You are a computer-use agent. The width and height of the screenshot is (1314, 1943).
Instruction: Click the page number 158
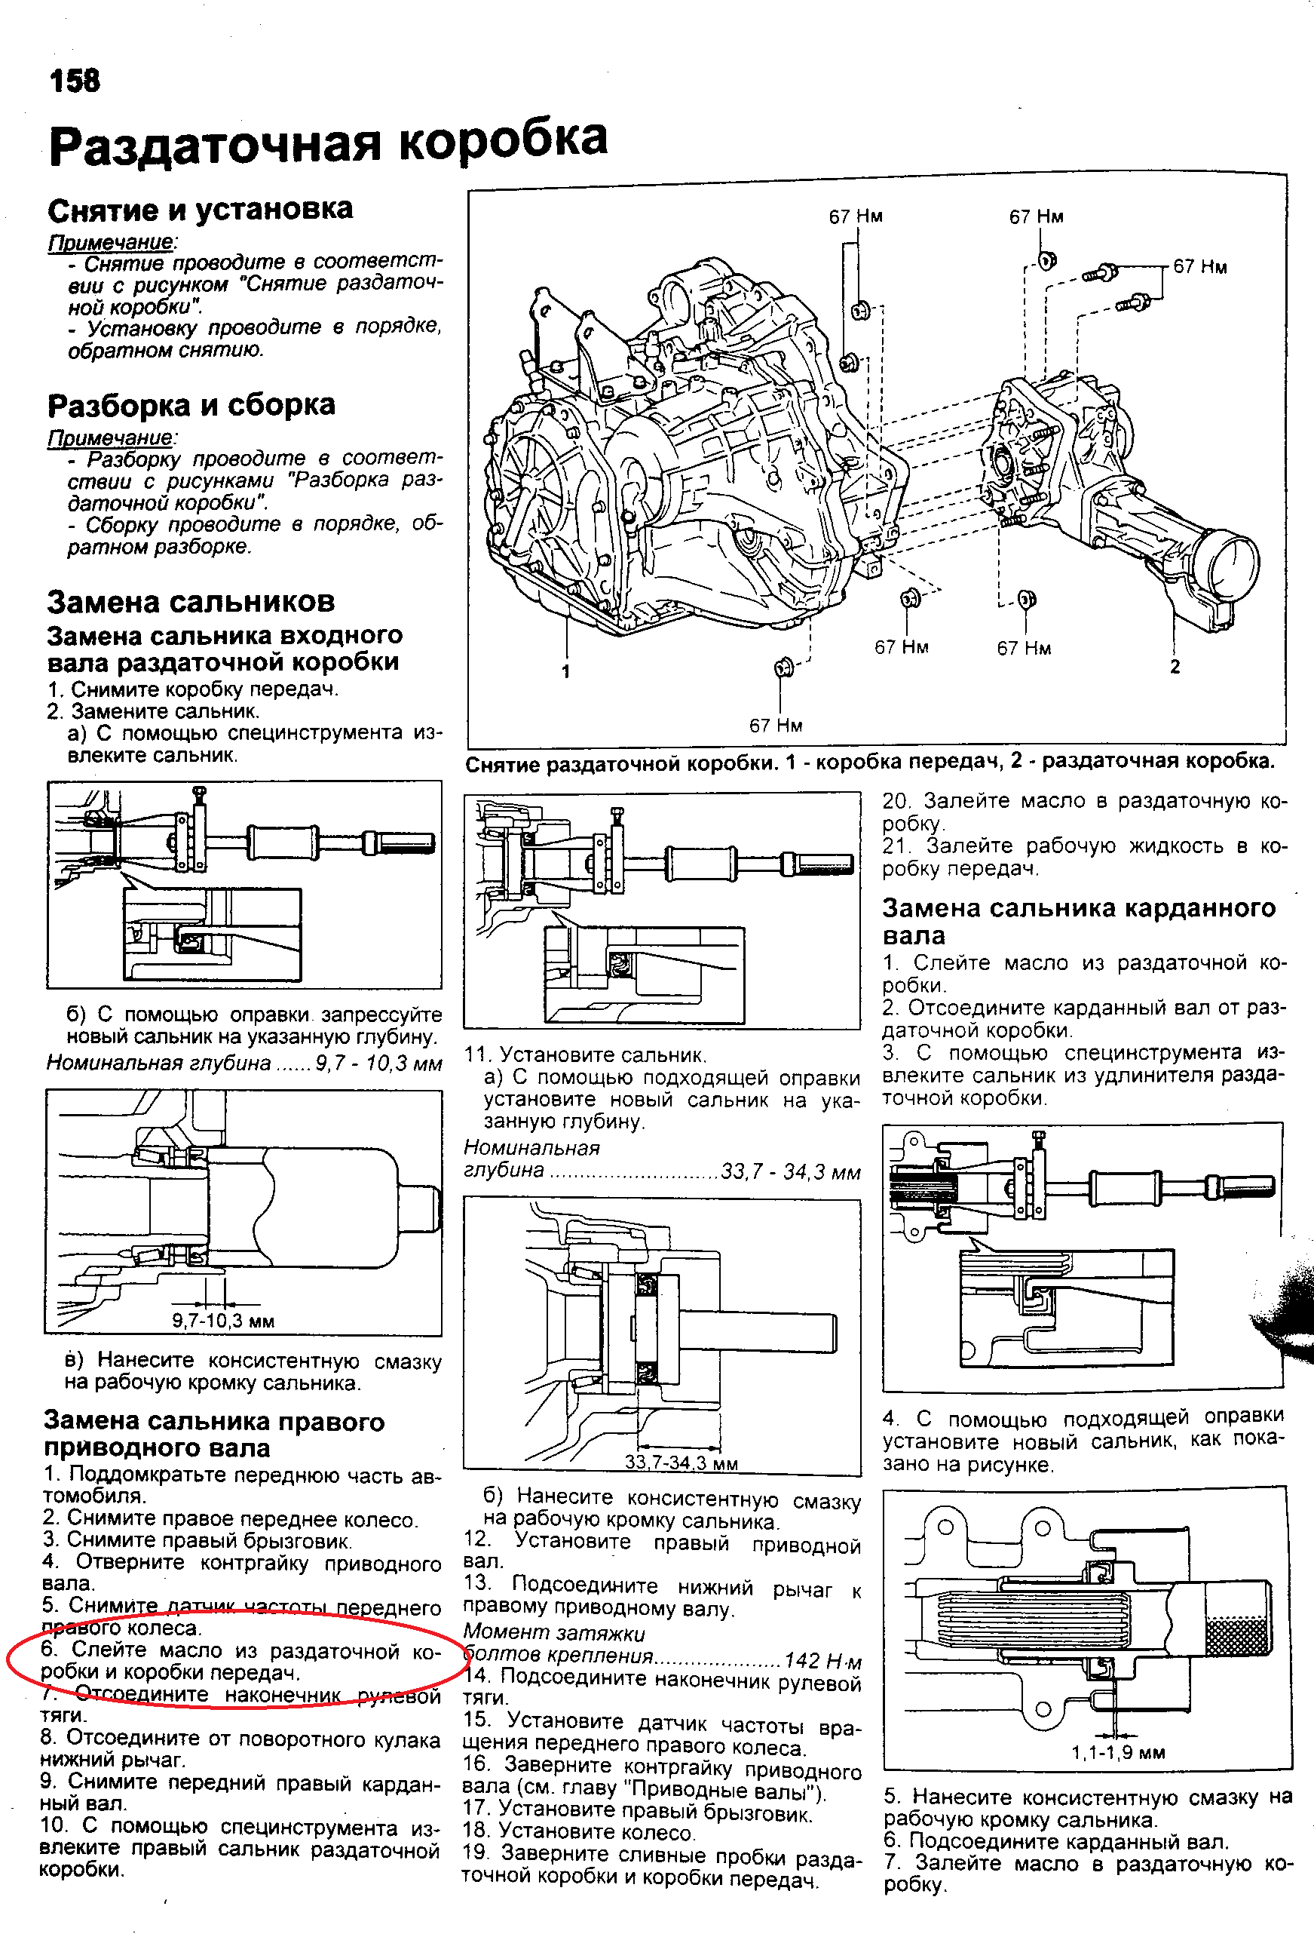tap(75, 81)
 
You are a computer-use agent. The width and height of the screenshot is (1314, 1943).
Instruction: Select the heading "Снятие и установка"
tap(200, 209)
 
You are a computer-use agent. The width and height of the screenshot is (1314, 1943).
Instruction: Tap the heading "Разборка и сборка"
tap(191, 404)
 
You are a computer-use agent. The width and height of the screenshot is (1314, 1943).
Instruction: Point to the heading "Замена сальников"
tap(191, 601)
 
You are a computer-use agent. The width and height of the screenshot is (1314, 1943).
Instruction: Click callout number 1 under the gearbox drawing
tap(566, 671)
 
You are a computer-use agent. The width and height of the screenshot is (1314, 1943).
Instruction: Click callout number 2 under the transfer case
tap(1175, 666)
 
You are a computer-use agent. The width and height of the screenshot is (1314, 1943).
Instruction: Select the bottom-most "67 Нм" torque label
tap(775, 725)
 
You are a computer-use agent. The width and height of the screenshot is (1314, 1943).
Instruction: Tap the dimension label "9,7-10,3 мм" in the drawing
tap(223, 1321)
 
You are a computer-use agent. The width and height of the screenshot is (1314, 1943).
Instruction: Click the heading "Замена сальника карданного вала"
tap(1078, 920)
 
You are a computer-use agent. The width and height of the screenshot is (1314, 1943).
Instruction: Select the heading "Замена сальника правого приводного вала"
tap(214, 1434)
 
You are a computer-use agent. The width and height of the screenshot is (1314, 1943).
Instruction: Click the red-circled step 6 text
tap(238, 1661)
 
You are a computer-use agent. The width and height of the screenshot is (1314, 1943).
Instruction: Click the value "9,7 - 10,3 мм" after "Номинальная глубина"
tap(378, 1063)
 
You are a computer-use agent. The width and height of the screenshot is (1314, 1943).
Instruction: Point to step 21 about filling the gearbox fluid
tap(1084, 857)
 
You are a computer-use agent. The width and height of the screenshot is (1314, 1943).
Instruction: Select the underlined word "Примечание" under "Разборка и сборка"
tap(110, 437)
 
